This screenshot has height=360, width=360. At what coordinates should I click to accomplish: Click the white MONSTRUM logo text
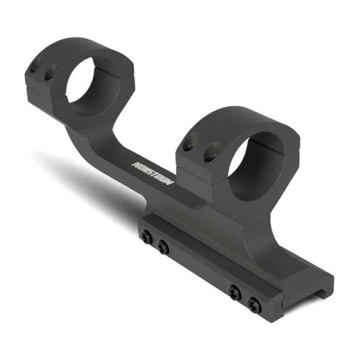153,174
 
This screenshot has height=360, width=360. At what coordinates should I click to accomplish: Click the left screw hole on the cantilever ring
34,70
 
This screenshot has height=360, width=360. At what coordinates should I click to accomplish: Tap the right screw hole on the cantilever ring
50,73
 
